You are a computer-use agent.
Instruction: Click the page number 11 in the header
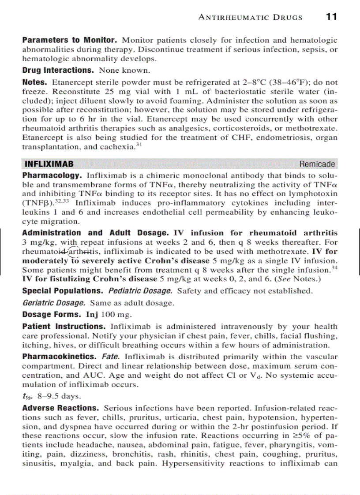[x=331, y=17]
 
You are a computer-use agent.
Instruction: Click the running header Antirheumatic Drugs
[x=251, y=17]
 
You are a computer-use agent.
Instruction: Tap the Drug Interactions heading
[x=58, y=70]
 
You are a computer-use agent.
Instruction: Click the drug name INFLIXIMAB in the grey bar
[x=49, y=164]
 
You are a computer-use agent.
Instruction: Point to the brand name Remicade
[x=317, y=164]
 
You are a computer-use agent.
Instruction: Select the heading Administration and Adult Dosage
[x=95, y=233]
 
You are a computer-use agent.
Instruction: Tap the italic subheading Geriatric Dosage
[x=53, y=303]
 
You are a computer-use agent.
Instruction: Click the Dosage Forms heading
[x=52, y=315]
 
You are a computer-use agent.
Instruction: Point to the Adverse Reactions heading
[x=60, y=408]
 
